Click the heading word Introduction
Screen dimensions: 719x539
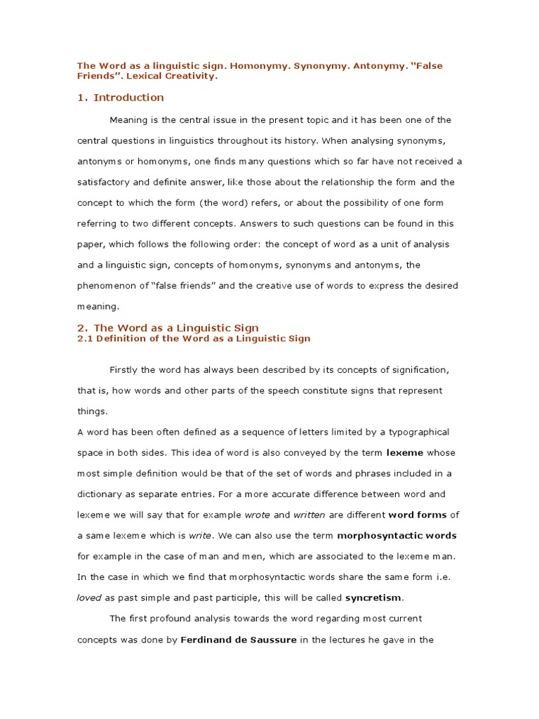point(128,98)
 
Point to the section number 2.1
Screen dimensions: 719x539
point(84,338)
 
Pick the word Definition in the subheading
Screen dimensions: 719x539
point(119,338)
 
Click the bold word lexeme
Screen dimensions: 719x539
point(406,453)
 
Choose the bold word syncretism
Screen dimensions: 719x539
point(374,598)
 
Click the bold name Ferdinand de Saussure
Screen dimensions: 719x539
point(239,640)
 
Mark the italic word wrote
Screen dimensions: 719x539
point(258,515)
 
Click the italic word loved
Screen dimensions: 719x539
point(89,598)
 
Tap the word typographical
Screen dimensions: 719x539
point(416,432)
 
